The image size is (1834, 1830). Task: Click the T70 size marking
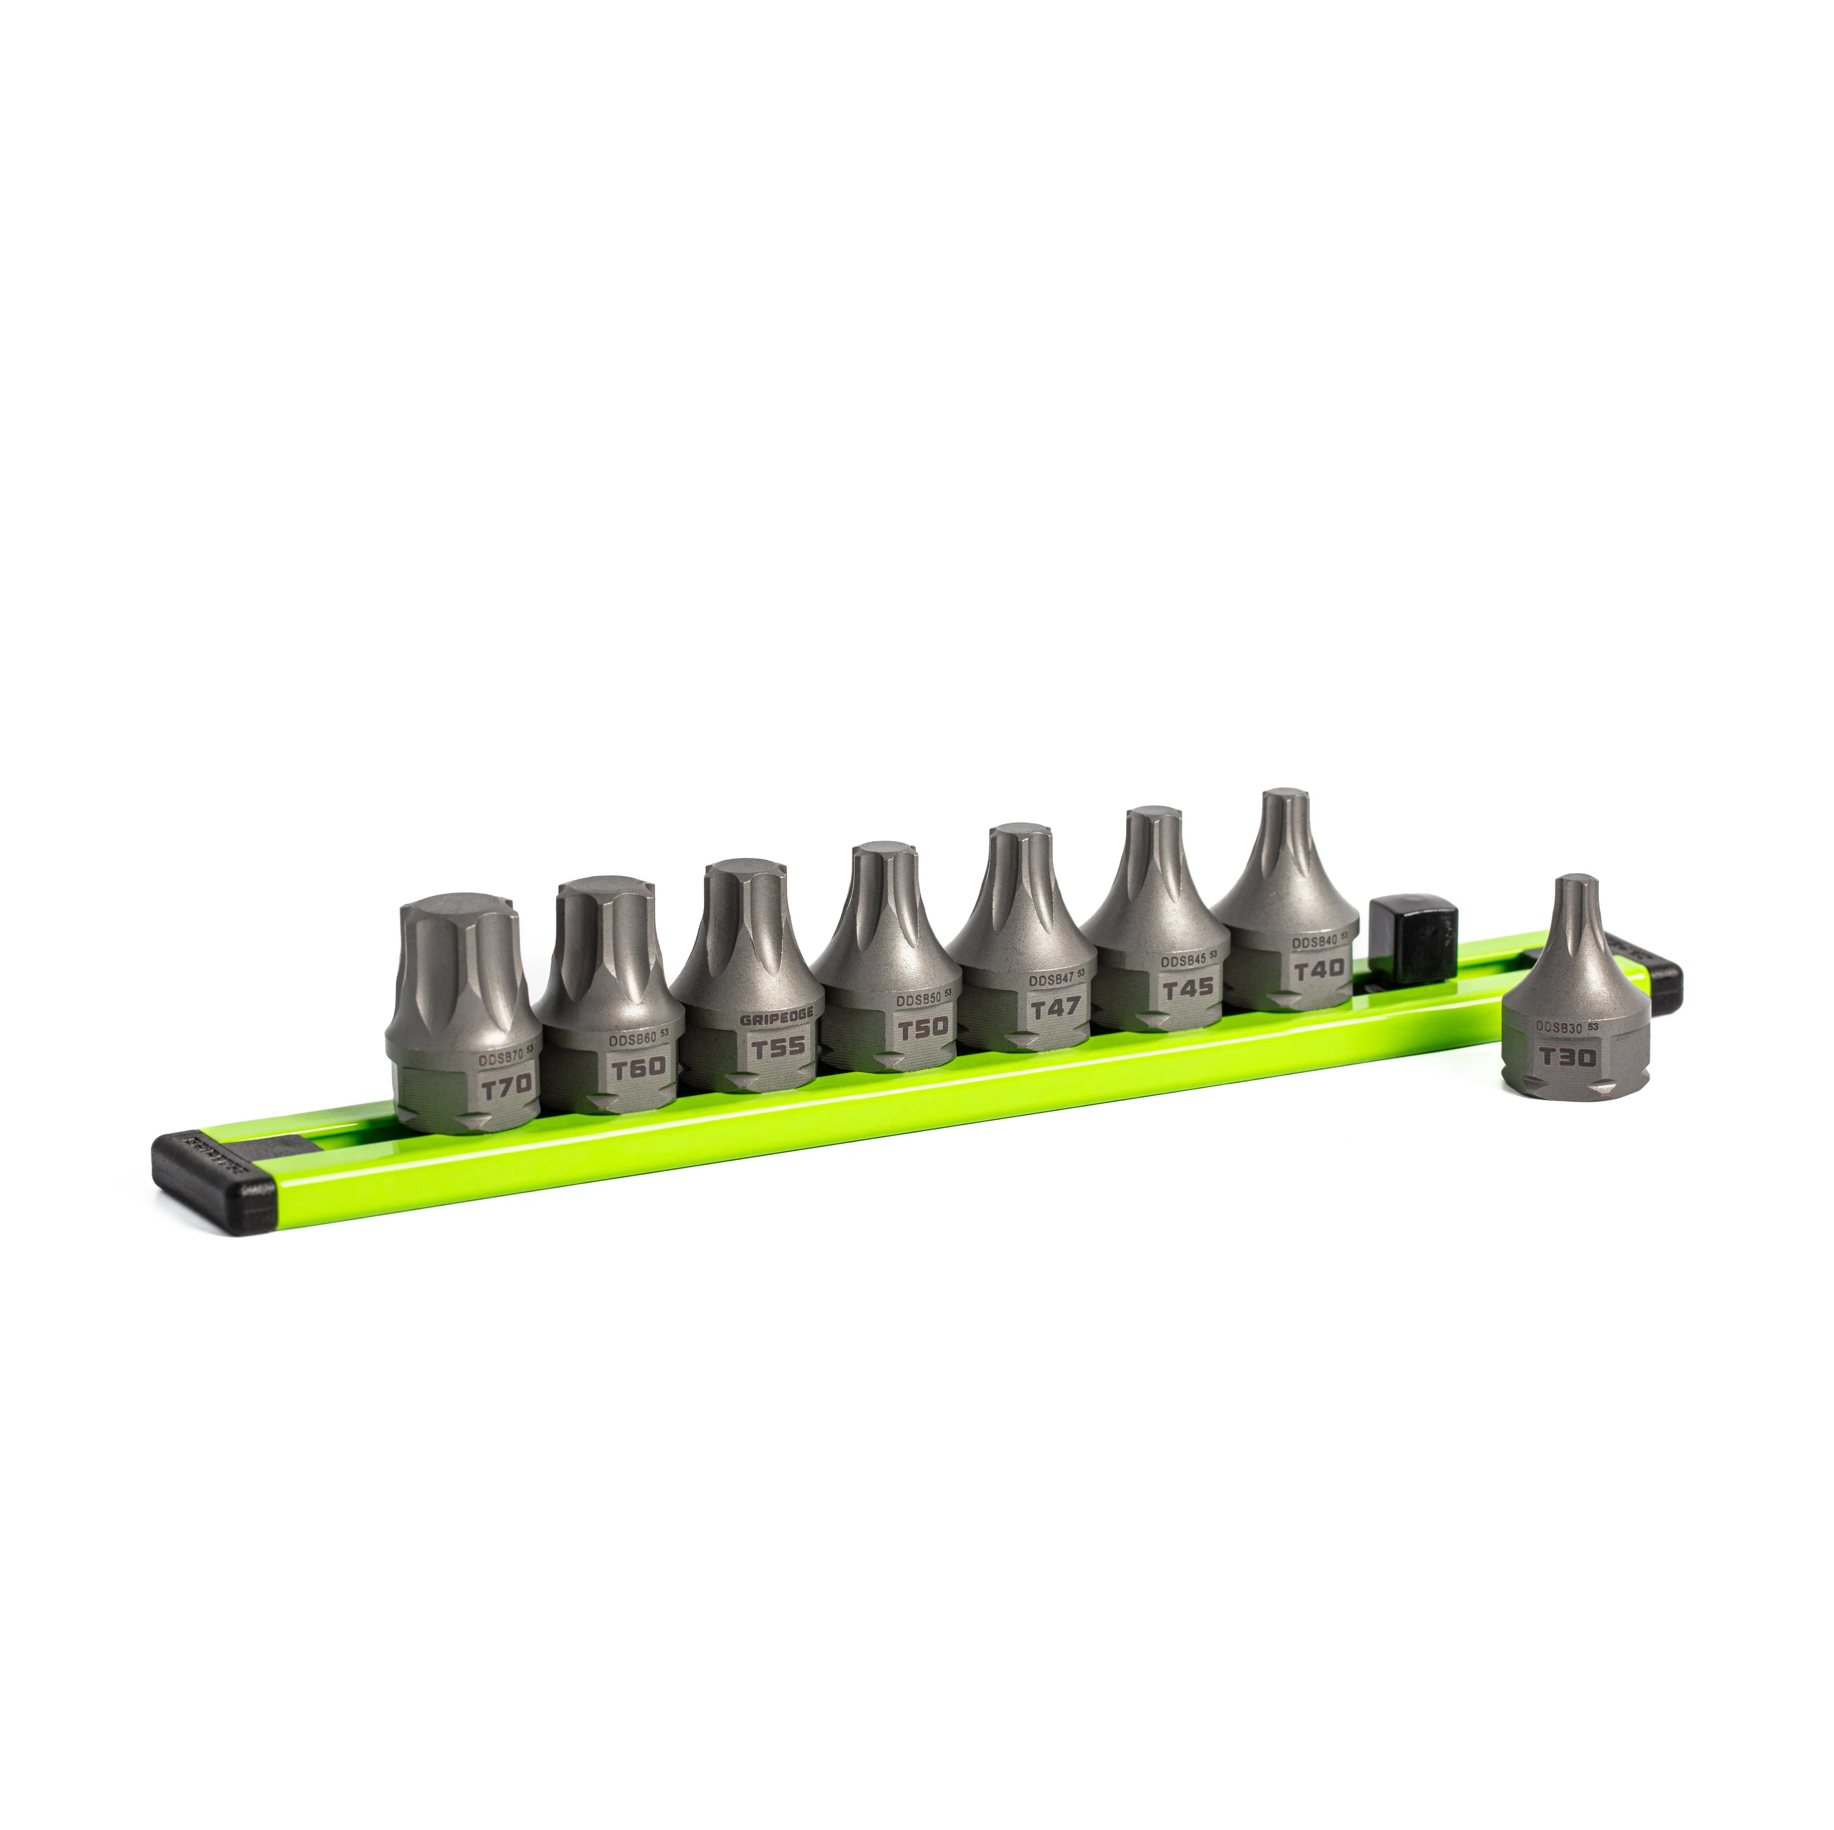[506, 1087]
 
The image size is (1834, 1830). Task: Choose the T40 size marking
[1319, 968]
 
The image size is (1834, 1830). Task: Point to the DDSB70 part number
[500, 1056]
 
